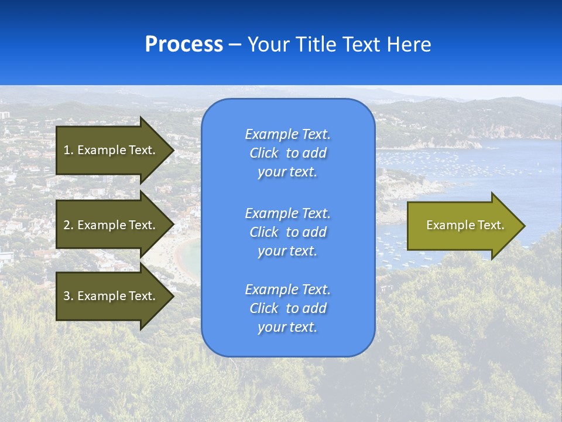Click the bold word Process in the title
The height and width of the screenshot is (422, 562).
(184, 45)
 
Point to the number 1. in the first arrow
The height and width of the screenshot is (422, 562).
(68, 150)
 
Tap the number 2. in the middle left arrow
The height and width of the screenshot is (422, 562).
(68, 225)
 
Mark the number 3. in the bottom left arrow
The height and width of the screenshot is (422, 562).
(68, 296)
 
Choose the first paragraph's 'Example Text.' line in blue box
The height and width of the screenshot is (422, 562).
(287, 134)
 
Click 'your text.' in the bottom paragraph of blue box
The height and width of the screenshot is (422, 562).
(287, 327)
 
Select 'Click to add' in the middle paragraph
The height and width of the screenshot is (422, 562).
(287, 232)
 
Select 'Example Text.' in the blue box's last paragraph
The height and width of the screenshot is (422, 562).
(287, 290)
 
